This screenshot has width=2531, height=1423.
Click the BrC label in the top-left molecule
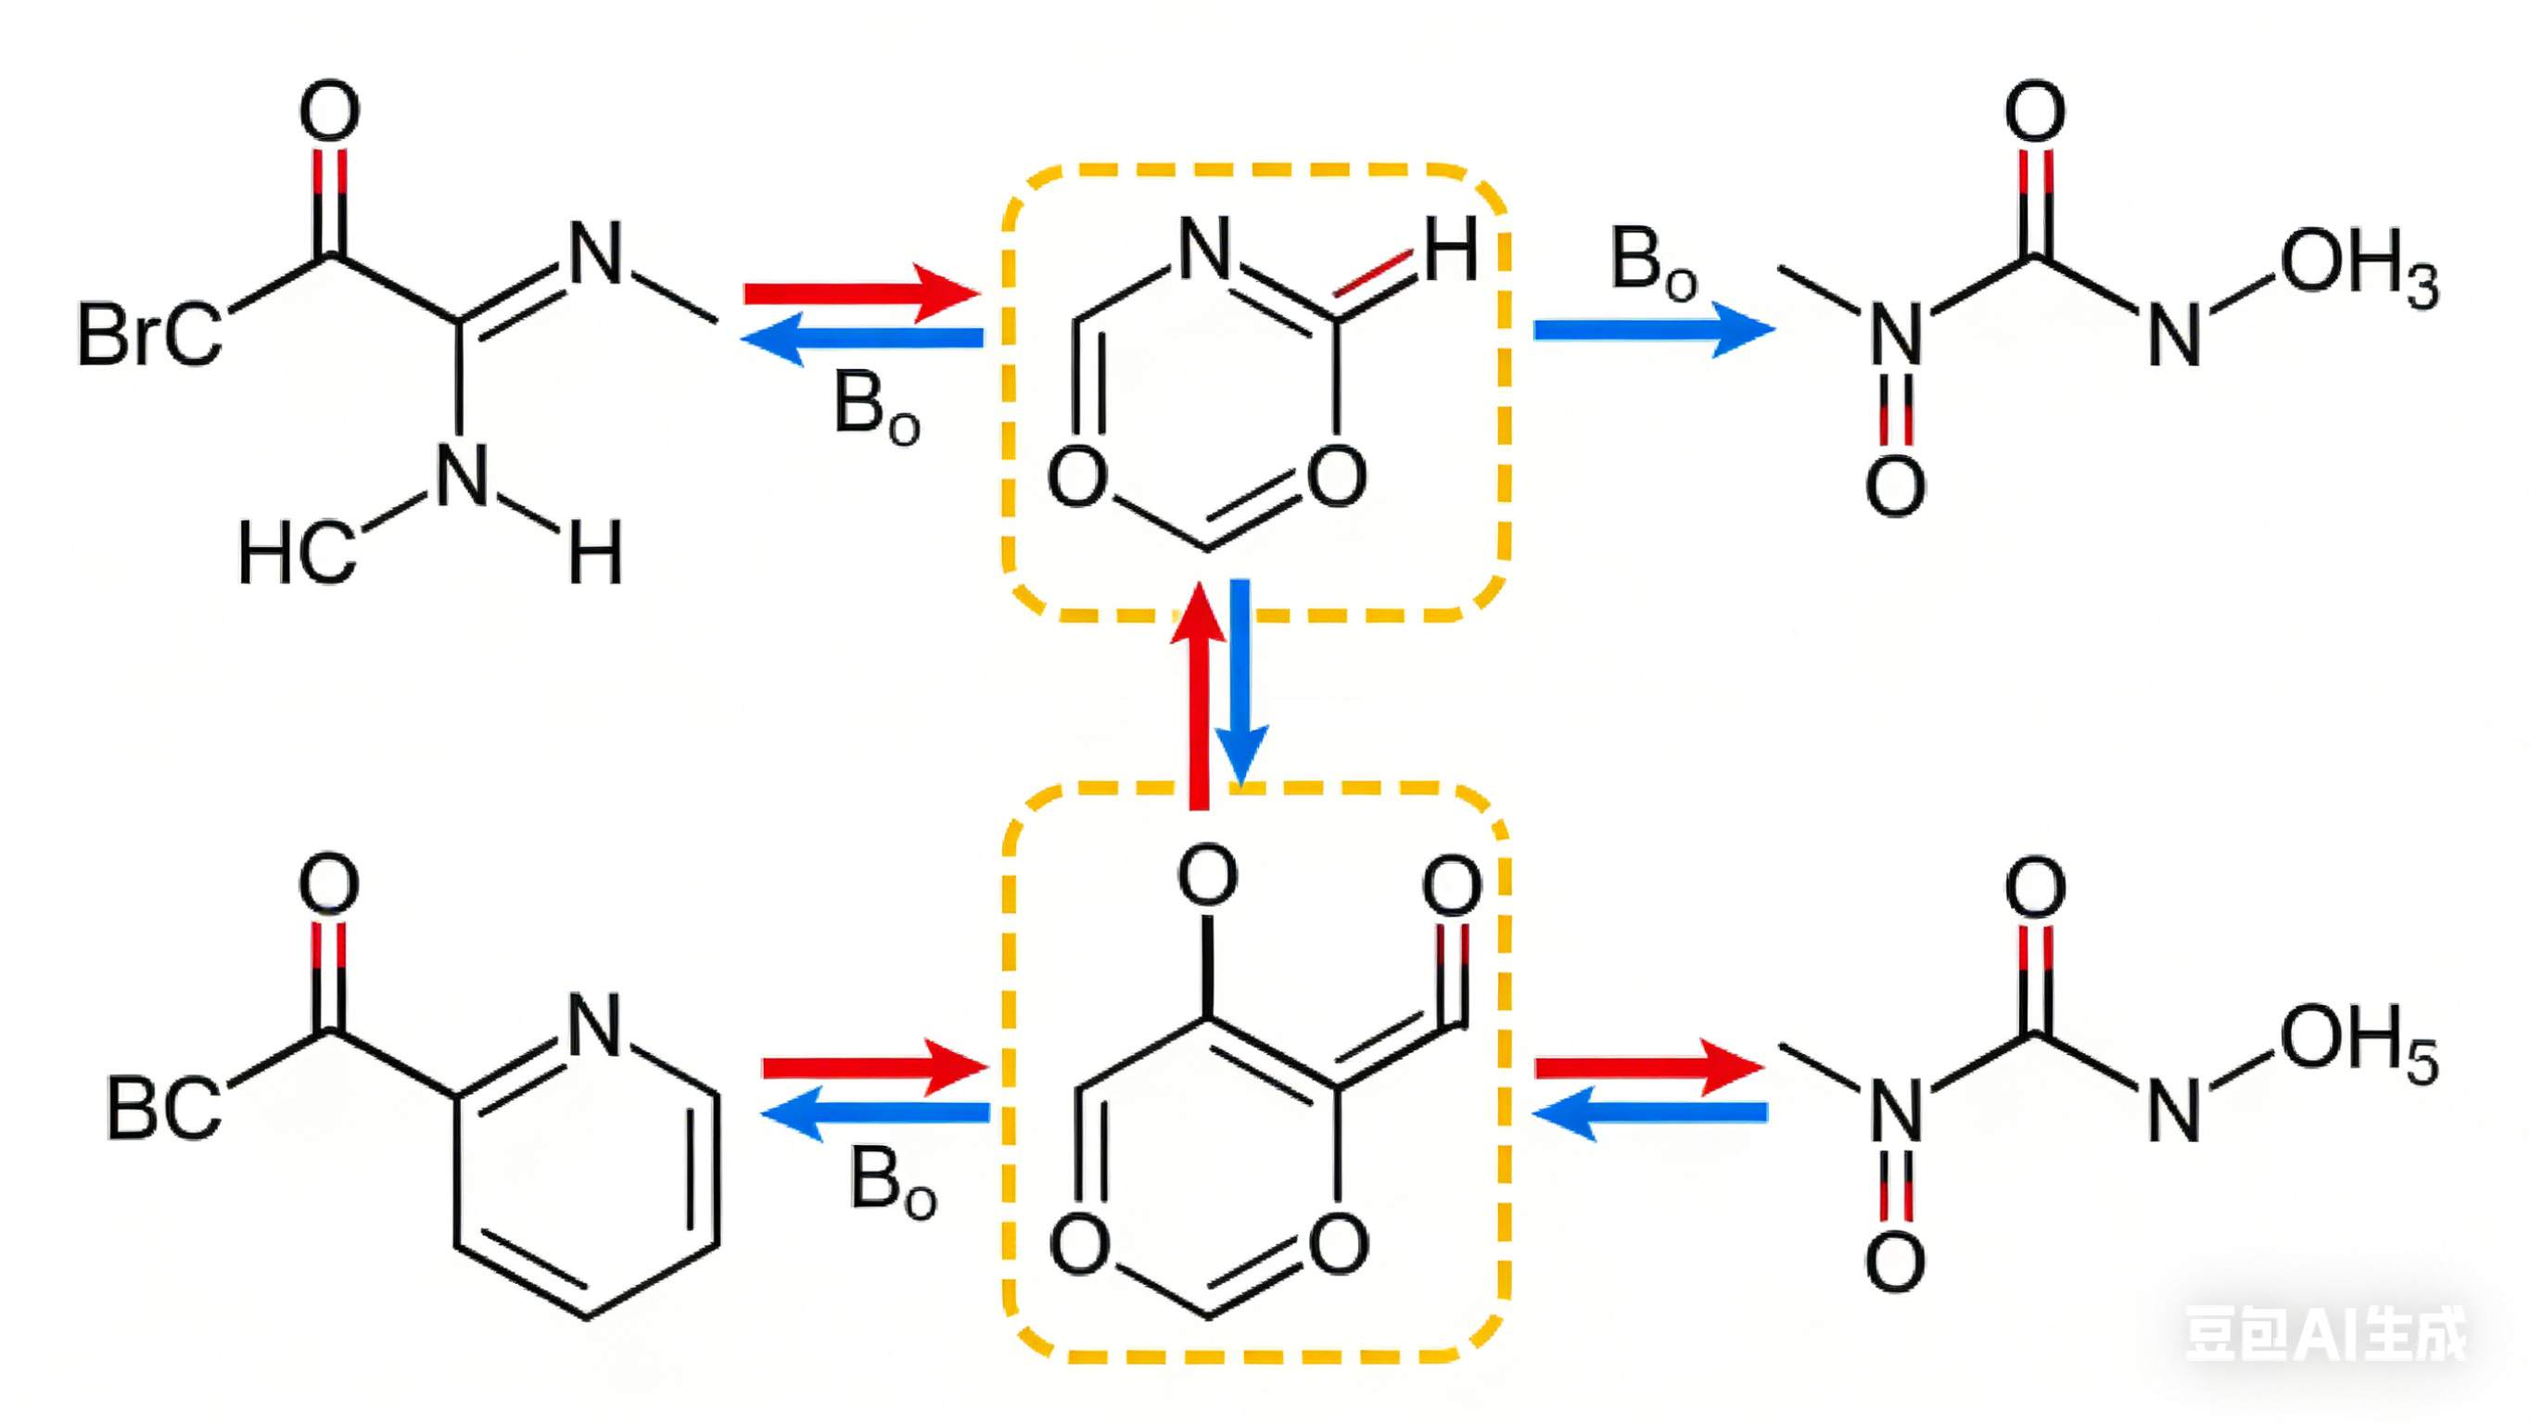point(149,334)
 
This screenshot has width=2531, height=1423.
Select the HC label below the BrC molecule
point(297,553)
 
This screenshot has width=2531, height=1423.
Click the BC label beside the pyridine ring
point(163,1109)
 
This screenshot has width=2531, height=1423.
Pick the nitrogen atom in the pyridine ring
point(595,1025)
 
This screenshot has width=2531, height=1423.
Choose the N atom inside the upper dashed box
point(1204,248)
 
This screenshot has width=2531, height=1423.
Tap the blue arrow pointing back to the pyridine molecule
point(874,1112)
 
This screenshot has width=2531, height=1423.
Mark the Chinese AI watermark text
point(2324,1334)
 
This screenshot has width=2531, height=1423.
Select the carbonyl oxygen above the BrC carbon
point(329,110)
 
